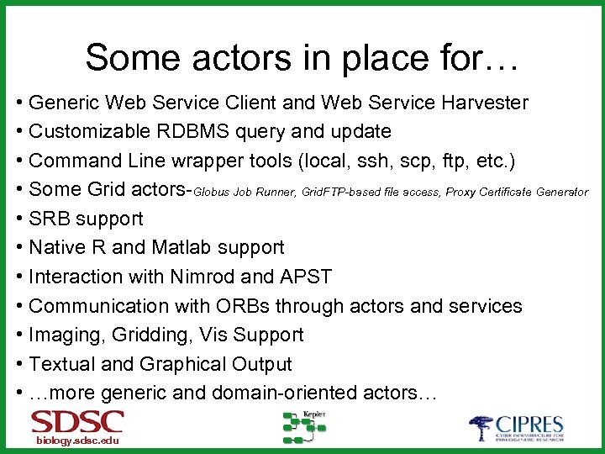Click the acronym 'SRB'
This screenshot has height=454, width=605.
[x=49, y=219]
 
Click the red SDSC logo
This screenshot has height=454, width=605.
[x=77, y=422]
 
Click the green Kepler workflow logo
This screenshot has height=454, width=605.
[x=303, y=427]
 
